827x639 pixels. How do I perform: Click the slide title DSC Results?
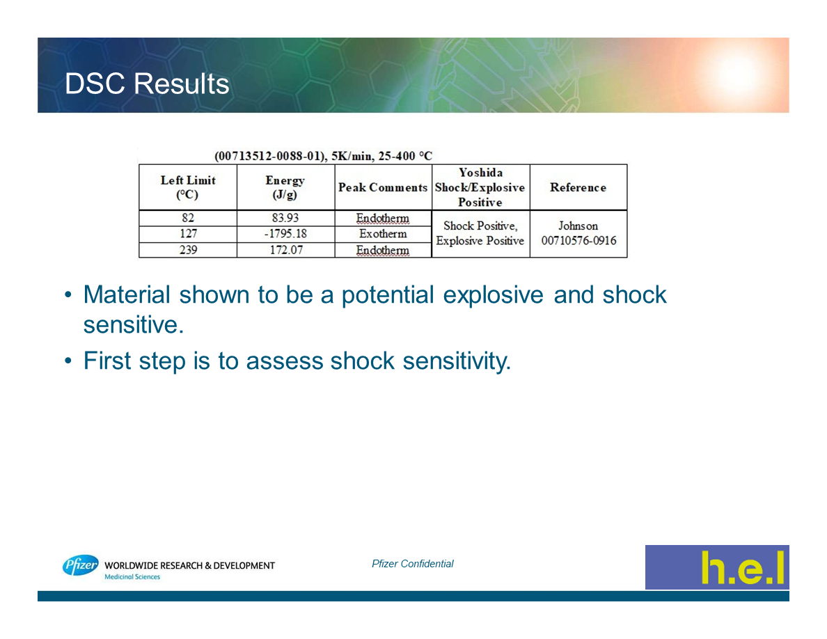[x=147, y=84]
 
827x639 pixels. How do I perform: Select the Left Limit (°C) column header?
[x=188, y=187]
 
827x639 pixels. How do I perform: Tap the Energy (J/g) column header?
[x=285, y=187]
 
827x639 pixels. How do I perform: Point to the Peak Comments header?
[x=383, y=188]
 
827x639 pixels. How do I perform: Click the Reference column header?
[x=578, y=188]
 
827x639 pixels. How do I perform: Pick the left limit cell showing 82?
[x=188, y=218]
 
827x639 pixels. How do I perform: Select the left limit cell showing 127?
[x=188, y=234]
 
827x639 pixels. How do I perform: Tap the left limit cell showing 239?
[x=188, y=249]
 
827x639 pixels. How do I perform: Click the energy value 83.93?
[x=285, y=218]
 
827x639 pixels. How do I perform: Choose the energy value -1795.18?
[x=285, y=234]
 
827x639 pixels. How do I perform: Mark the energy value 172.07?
[x=286, y=249]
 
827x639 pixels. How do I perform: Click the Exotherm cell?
[x=383, y=234]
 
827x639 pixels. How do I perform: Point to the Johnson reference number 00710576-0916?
[x=578, y=241]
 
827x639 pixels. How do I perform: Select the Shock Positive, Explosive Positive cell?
[x=480, y=233]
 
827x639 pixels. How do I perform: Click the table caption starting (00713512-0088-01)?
[x=323, y=156]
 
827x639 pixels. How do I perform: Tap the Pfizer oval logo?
[x=80, y=565]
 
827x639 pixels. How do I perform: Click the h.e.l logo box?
[x=717, y=567]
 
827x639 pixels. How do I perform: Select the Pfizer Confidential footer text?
[x=412, y=564]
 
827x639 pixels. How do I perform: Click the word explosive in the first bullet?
[x=493, y=295]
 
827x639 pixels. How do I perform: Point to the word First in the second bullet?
[x=107, y=361]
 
